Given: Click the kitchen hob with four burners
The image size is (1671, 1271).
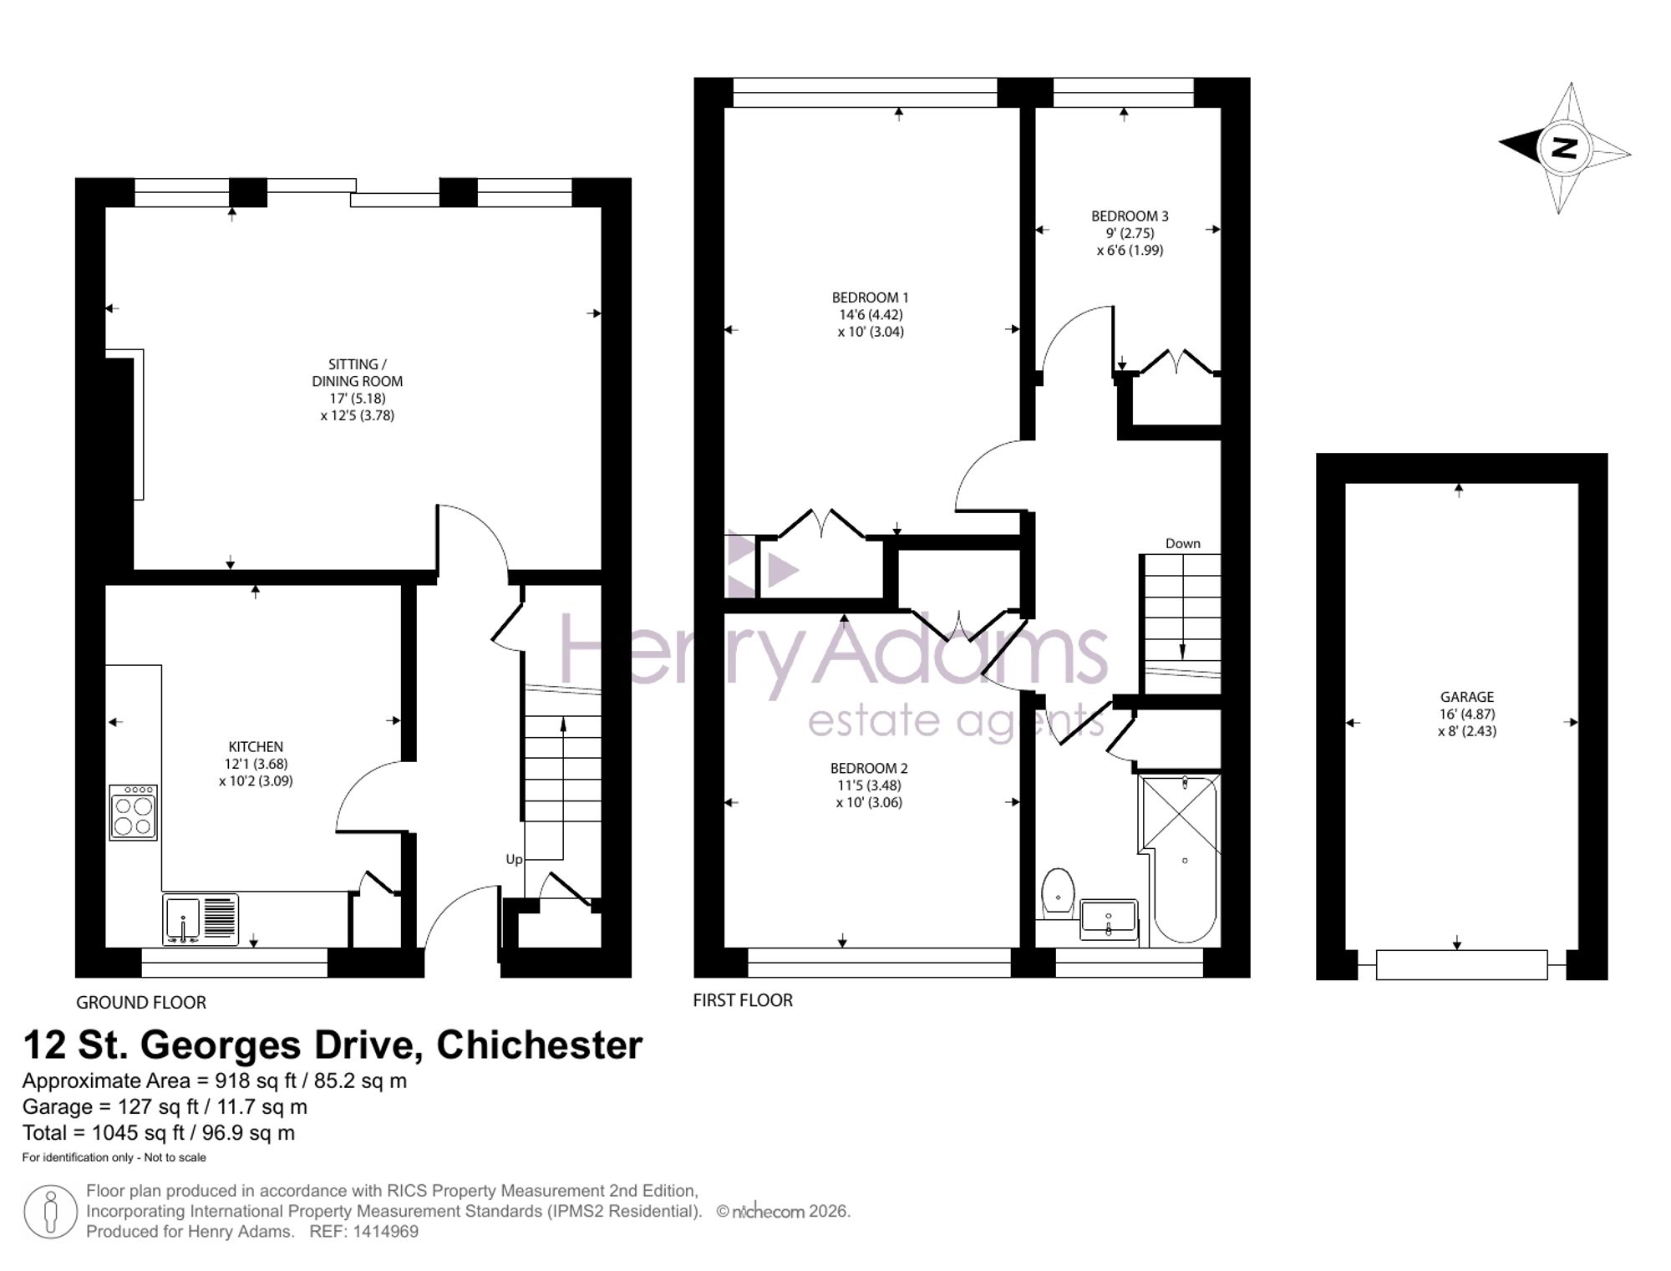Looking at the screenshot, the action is point(133,812).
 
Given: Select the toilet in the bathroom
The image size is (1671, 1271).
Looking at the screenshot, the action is point(1058,893).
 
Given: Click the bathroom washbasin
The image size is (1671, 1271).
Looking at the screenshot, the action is point(1109,919).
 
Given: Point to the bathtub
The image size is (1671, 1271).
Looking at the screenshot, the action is point(1184,861).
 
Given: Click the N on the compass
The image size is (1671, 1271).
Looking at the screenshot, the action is point(1563,148).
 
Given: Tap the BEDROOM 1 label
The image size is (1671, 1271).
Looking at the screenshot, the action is point(870,297).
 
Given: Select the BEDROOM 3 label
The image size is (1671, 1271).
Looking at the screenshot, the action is point(1130,216).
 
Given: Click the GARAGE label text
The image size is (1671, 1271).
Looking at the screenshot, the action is point(1467,697).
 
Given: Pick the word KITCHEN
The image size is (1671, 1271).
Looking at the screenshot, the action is point(256,747).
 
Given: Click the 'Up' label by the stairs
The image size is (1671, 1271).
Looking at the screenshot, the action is point(514,860).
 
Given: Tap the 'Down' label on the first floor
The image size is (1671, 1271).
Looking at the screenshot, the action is point(1183,543).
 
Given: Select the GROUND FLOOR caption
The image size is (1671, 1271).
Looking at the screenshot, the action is point(141,1002).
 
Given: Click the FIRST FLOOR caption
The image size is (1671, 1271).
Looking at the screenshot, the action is point(743,1000).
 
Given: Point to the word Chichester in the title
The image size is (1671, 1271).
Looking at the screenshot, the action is point(540,1045).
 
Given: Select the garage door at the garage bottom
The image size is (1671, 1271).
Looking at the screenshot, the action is point(1462,965).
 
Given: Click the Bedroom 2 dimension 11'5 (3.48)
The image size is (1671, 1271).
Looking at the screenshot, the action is point(869,785).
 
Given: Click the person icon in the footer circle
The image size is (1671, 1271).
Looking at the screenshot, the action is point(51,1212).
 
